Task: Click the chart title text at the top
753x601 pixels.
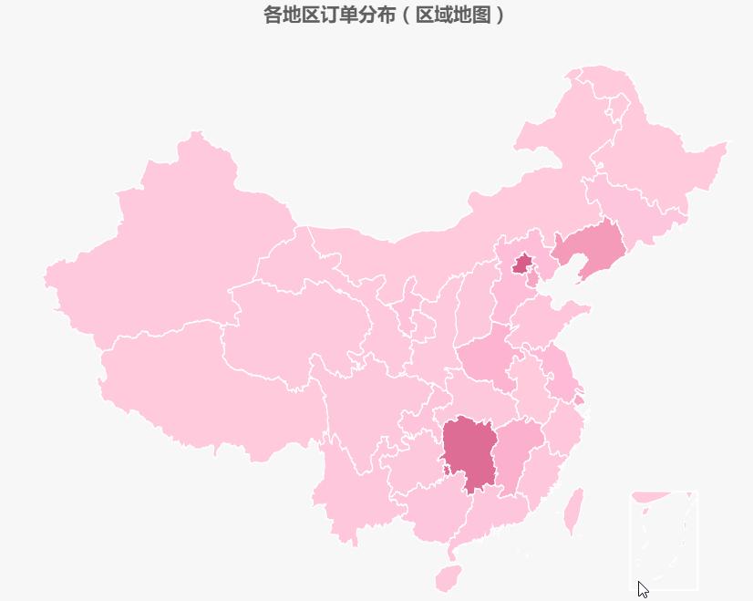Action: (383, 15)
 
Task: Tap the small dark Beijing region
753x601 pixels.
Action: (522, 264)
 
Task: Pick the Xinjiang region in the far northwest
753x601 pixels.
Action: (173, 237)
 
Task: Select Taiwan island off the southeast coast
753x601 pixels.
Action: (573, 512)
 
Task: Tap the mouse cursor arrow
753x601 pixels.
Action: (643, 589)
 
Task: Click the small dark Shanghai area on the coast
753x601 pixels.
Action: (580, 399)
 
